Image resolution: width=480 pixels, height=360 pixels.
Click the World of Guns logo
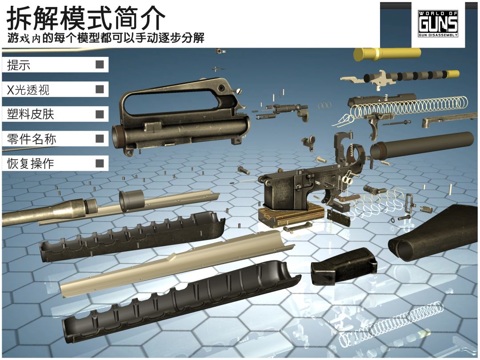point(438,24)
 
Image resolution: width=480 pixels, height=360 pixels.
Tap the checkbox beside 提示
point(100,65)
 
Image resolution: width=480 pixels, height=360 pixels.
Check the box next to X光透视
point(100,89)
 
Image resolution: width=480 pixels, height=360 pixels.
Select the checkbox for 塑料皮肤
point(100,114)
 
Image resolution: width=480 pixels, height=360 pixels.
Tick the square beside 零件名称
point(100,139)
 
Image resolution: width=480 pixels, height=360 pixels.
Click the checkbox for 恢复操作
point(100,163)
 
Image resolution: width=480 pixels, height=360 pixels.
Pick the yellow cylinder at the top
point(387,54)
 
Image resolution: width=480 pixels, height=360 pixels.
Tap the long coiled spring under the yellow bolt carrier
point(409,107)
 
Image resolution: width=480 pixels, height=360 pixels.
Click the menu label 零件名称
point(32,139)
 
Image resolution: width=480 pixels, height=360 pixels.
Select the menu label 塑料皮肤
point(31,115)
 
